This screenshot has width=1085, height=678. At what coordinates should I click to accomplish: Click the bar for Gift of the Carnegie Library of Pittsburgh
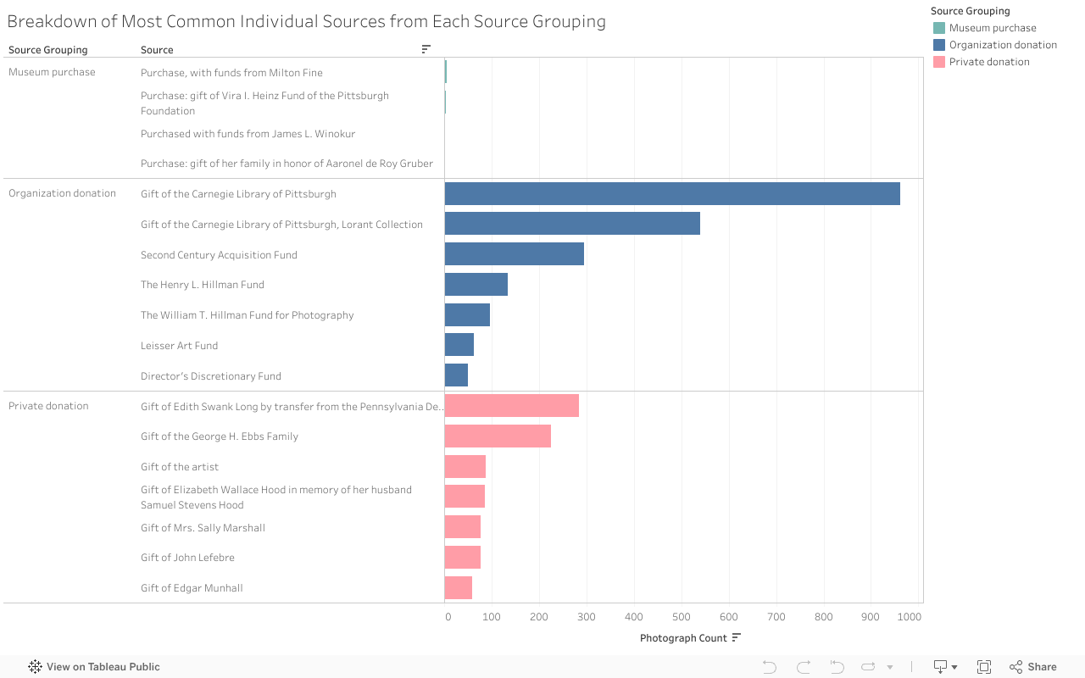(x=671, y=194)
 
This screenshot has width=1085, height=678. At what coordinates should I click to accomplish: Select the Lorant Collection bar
(x=572, y=224)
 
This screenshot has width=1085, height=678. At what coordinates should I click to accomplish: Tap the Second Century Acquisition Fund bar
(x=514, y=254)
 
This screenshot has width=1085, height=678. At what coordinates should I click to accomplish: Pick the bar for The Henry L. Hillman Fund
(x=476, y=285)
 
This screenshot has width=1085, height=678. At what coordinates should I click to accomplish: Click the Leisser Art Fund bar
(x=459, y=345)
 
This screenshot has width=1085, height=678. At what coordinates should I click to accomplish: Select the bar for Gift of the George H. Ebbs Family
(x=498, y=436)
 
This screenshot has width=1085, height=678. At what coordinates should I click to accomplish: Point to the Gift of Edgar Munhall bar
(x=458, y=588)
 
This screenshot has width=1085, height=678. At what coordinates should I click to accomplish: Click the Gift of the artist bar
(x=465, y=467)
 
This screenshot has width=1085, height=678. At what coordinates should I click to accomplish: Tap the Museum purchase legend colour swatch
(x=938, y=28)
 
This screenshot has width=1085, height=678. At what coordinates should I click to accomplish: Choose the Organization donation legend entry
(x=1002, y=45)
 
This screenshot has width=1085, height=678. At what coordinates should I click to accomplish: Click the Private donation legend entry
(x=988, y=62)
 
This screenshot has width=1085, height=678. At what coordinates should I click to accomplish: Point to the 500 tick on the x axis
(x=681, y=617)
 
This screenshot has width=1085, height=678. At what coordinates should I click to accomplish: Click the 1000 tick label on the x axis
(x=909, y=617)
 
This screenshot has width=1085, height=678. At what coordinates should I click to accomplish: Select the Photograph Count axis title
(x=683, y=638)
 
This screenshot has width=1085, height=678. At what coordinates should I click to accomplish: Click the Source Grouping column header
(x=47, y=50)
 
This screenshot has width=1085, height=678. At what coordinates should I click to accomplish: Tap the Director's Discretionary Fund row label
(x=210, y=376)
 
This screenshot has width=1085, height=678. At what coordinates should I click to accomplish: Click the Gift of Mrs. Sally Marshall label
(x=203, y=528)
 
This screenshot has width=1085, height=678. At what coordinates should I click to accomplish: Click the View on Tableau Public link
(x=103, y=667)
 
